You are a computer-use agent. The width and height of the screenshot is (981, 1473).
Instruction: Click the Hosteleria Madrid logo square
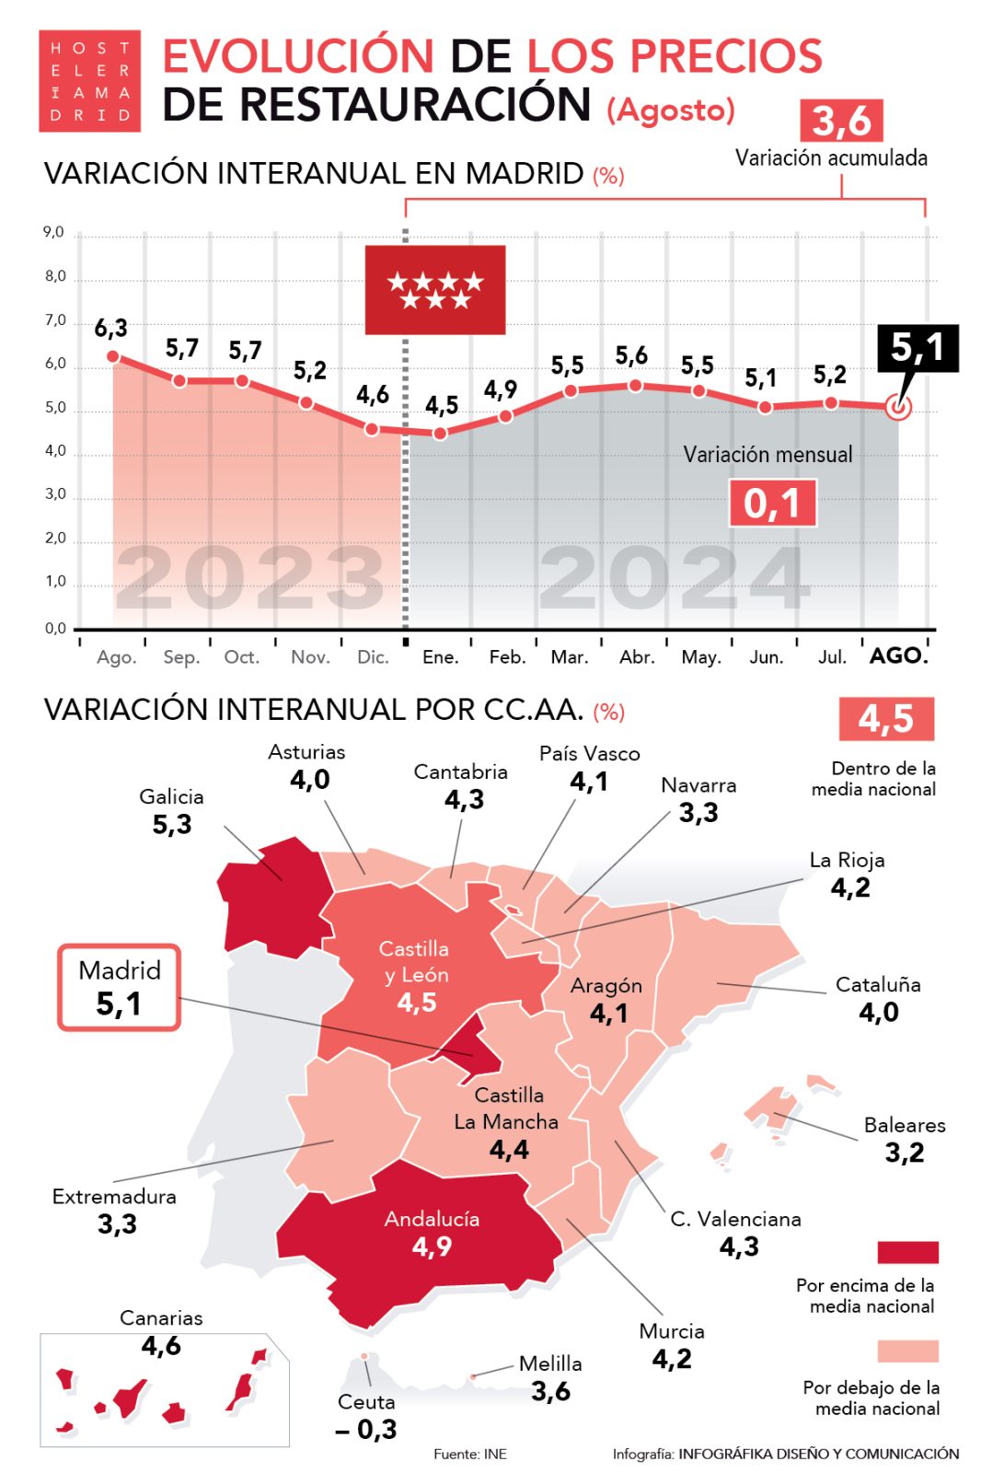coord(89,81)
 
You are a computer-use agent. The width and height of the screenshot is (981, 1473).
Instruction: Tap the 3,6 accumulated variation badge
coord(841,121)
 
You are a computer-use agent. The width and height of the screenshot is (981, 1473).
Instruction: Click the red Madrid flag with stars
coord(435,290)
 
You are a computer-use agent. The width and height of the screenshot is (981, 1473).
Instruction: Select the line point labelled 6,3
coord(113,356)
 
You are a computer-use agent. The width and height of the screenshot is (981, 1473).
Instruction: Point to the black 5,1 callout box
coord(918,348)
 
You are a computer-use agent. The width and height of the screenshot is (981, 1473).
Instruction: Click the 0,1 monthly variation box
coord(772,504)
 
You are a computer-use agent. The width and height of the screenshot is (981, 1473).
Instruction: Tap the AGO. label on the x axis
coord(899,655)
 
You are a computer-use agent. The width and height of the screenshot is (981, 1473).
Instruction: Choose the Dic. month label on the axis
coord(373,657)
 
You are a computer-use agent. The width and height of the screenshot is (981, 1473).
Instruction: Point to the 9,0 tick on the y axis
coord(54,232)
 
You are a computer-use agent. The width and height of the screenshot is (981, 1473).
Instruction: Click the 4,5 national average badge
coord(885,718)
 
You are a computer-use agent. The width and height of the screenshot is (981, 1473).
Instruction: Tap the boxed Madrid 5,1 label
coord(120,988)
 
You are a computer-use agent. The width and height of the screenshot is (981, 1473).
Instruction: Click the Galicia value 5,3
coord(172,824)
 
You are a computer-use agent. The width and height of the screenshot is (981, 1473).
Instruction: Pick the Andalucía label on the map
coord(432,1219)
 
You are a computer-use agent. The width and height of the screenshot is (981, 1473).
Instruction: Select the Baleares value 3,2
coord(904,1153)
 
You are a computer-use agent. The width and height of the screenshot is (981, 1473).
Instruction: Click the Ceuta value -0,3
coord(366,1429)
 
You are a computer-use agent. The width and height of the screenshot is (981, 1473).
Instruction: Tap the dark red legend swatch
coord(907,1252)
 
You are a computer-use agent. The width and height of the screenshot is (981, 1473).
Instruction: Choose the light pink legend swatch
coord(907,1351)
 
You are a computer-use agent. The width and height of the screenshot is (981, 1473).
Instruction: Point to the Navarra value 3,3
coord(698,813)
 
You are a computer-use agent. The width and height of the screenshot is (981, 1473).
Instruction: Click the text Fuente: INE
coord(470,1454)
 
